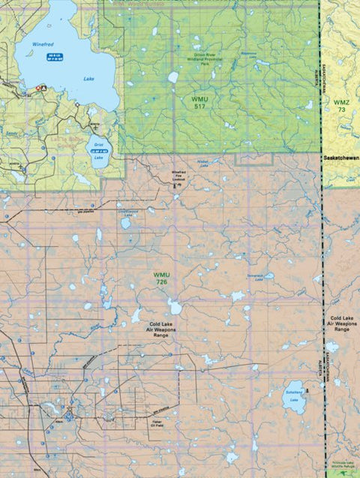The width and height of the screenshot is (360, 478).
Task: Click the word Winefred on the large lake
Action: click(x=43, y=44)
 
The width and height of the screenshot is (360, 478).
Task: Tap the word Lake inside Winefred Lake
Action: click(x=89, y=78)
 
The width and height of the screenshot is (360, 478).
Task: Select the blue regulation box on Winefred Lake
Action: click(x=52, y=57)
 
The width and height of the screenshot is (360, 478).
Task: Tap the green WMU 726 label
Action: click(x=161, y=278)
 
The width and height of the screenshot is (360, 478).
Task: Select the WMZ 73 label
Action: click(x=341, y=105)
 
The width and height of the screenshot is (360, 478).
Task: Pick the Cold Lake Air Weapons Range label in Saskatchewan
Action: click(x=342, y=324)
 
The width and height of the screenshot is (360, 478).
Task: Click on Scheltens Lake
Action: click(x=294, y=396)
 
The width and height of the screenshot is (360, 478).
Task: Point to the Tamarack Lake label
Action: click(x=256, y=275)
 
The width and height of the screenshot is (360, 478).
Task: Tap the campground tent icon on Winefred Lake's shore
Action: click(x=43, y=88)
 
